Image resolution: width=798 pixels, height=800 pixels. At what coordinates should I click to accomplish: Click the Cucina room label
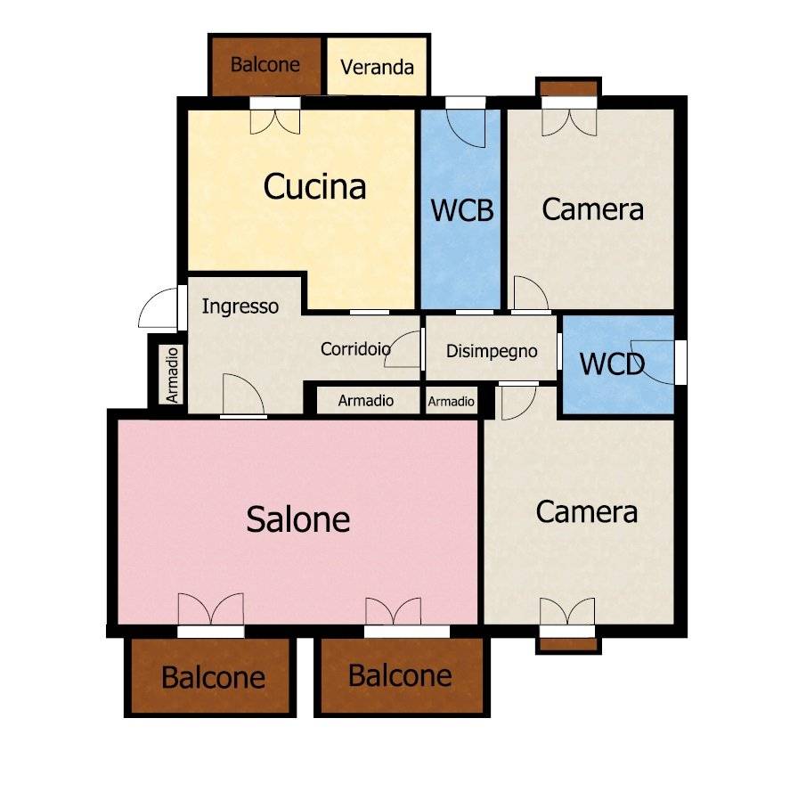click(x=314, y=186)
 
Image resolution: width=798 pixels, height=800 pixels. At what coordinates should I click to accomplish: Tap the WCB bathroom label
click(x=462, y=210)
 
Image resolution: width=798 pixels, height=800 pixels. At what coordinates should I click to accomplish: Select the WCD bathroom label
click(x=612, y=364)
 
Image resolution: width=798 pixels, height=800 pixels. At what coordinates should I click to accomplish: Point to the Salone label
click(x=297, y=519)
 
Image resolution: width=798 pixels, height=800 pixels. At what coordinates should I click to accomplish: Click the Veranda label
click(x=377, y=68)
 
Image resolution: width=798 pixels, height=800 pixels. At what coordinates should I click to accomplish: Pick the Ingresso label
click(x=240, y=306)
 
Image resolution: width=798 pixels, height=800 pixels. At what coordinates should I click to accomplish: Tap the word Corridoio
click(x=355, y=349)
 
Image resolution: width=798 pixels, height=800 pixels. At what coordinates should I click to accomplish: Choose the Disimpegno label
click(x=492, y=351)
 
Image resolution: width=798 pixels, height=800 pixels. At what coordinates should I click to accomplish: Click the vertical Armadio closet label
click(x=173, y=375)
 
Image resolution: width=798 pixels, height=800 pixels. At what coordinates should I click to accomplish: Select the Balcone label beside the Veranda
click(x=265, y=65)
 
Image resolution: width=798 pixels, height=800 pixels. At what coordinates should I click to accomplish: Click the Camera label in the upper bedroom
click(x=592, y=209)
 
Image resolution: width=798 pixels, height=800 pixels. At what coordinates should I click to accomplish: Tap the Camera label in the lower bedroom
click(x=586, y=511)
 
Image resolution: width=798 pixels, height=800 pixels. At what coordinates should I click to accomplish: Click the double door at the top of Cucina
click(x=275, y=122)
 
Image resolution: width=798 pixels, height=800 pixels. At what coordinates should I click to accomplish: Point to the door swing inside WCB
click(x=466, y=128)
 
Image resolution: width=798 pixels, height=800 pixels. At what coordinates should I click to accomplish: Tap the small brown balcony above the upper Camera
click(x=568, y=88)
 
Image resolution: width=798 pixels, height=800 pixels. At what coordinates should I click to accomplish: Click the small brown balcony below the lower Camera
click(x=568, y=644)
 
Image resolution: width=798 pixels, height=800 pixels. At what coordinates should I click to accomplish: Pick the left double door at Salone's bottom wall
click(x=210, y=608)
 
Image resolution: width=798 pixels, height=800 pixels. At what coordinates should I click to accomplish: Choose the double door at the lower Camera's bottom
click(x=567, y=611)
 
